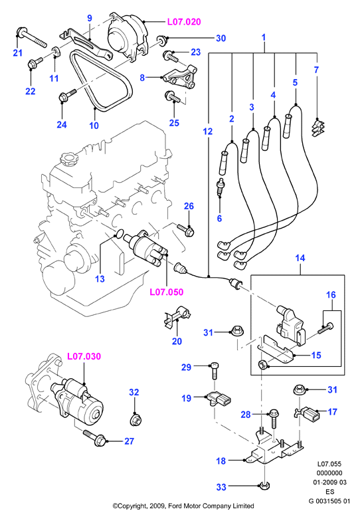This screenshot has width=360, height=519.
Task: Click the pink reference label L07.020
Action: (x=184, y=22)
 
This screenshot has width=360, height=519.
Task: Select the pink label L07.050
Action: (x=167, y=292)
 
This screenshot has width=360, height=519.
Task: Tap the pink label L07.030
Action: (x=84, y=356)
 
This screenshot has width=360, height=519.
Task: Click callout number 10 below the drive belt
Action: (x=94, y=126)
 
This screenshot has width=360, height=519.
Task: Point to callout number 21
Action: (x=17, y=52)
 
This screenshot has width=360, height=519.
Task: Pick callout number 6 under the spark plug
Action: (x=219, y=219)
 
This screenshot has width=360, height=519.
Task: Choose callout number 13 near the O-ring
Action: (x=100, y=278)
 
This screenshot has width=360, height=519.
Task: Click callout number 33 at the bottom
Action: (x=221, y=487)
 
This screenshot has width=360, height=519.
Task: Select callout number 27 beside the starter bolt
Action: (x=129, y=441)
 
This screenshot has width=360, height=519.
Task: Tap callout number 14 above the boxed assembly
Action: (x=300, y=258)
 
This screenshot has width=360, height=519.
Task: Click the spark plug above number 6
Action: (x=219, y=187)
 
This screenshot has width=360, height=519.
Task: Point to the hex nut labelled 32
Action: (x=135, y=420)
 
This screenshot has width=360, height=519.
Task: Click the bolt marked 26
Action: (x=185, y=229)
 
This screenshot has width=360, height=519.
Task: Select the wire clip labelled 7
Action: (x=317, y=128)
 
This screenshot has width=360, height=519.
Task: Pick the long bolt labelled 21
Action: (x=31, y=38)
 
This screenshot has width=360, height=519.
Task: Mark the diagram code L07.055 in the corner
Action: (x=329, y=465)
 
